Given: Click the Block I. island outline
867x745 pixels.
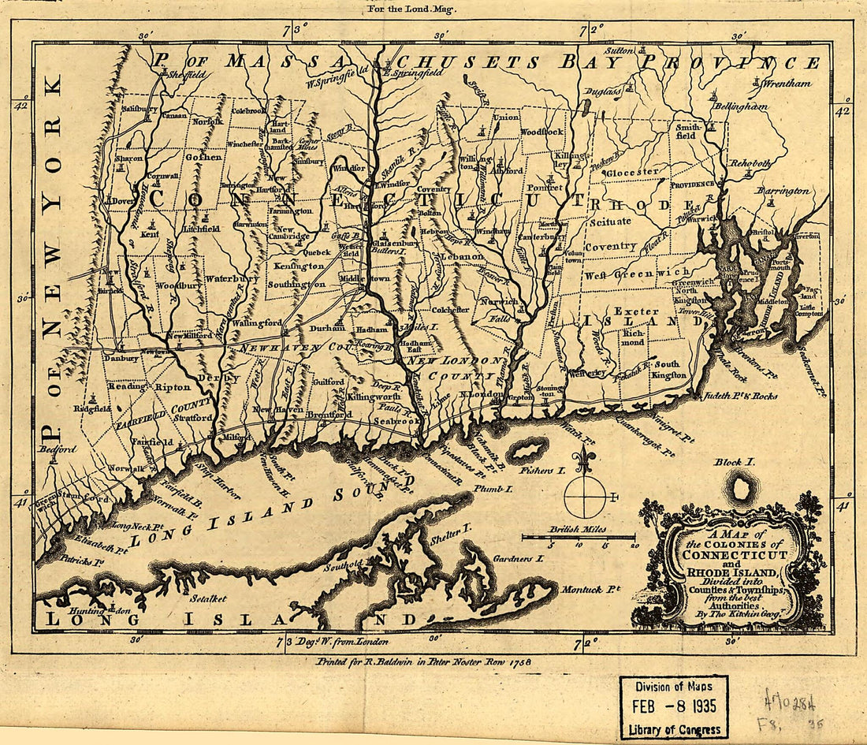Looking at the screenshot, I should coord(740,490).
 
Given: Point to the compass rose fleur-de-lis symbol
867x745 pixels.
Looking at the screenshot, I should coord(583,462).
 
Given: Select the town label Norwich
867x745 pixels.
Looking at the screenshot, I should coord(498,301).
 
